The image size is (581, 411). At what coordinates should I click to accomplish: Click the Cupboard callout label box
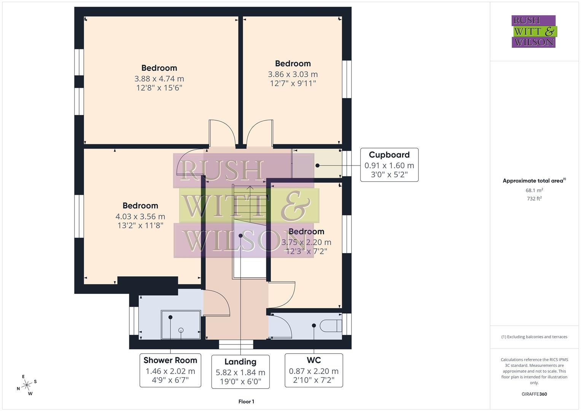(x=389, y=165)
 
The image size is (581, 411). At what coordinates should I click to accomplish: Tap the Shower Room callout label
(x=170, y=370)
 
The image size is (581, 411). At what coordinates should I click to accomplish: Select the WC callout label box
(x=314, y=370)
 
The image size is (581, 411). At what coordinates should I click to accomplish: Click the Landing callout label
(x=240, y=372)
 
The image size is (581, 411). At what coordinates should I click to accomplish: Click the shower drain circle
(x=181, y=330)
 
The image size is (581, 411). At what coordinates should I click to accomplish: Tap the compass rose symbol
(x=27, y=385)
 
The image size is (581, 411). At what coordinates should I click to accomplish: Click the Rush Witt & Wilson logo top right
(x=533, y=31)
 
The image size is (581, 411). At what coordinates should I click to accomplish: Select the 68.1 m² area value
(x=534, y=190)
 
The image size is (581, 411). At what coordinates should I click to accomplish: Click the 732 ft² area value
(x=534, y=198)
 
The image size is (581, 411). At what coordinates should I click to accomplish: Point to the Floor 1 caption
(x=246, y=401)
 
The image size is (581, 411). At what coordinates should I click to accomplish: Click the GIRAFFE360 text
(x=534, y=394)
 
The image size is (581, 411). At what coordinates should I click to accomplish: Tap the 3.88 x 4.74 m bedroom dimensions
(x=159, y=79)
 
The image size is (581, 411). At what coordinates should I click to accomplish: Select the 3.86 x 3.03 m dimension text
(x=293, y=74)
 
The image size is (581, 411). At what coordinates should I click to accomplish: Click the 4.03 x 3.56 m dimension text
(x=140, y=217)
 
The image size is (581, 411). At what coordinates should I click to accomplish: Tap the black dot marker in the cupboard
(x=317, y=166)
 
